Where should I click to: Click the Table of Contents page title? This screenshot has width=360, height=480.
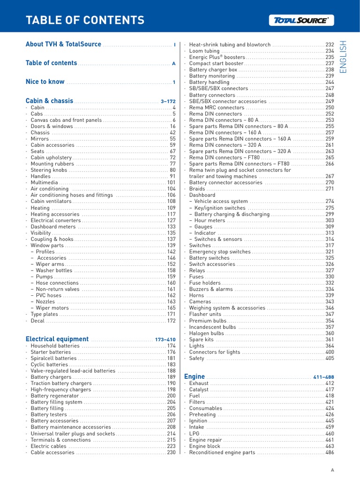tap(85, 20)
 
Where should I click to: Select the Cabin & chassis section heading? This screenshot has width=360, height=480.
tap(49, 101)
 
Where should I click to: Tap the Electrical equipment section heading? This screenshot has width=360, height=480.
tap(57, 339)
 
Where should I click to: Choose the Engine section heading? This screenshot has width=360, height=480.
tap(195, 376)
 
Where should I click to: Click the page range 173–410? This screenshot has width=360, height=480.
tap(165, 339)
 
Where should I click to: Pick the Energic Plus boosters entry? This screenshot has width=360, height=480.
tap(217, 57)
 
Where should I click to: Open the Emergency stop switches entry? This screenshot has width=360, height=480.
tap(220, 252)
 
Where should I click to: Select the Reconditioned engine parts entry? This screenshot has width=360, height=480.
tap(222, 453)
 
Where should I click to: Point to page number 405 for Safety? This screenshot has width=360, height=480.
tap(330, 358)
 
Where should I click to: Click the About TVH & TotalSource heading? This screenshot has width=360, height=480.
tap(63, 45)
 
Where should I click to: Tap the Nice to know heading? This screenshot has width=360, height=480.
tap(45, 82)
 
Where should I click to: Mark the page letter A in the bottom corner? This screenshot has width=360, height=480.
tap(332, 470)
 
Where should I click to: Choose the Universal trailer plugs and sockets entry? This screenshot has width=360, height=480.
tap(73, 434)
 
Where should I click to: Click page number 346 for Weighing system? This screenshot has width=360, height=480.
tap(330, 308)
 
